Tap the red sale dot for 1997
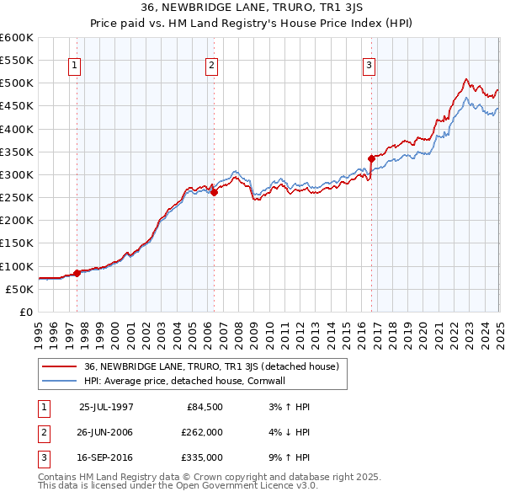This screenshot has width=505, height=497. coord(77,273)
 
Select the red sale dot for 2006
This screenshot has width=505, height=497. coord(214,192)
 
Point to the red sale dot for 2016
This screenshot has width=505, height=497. coord(371,158)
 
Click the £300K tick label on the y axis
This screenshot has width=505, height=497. coord(17,174)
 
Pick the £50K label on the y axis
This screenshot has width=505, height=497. coord(19,289)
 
